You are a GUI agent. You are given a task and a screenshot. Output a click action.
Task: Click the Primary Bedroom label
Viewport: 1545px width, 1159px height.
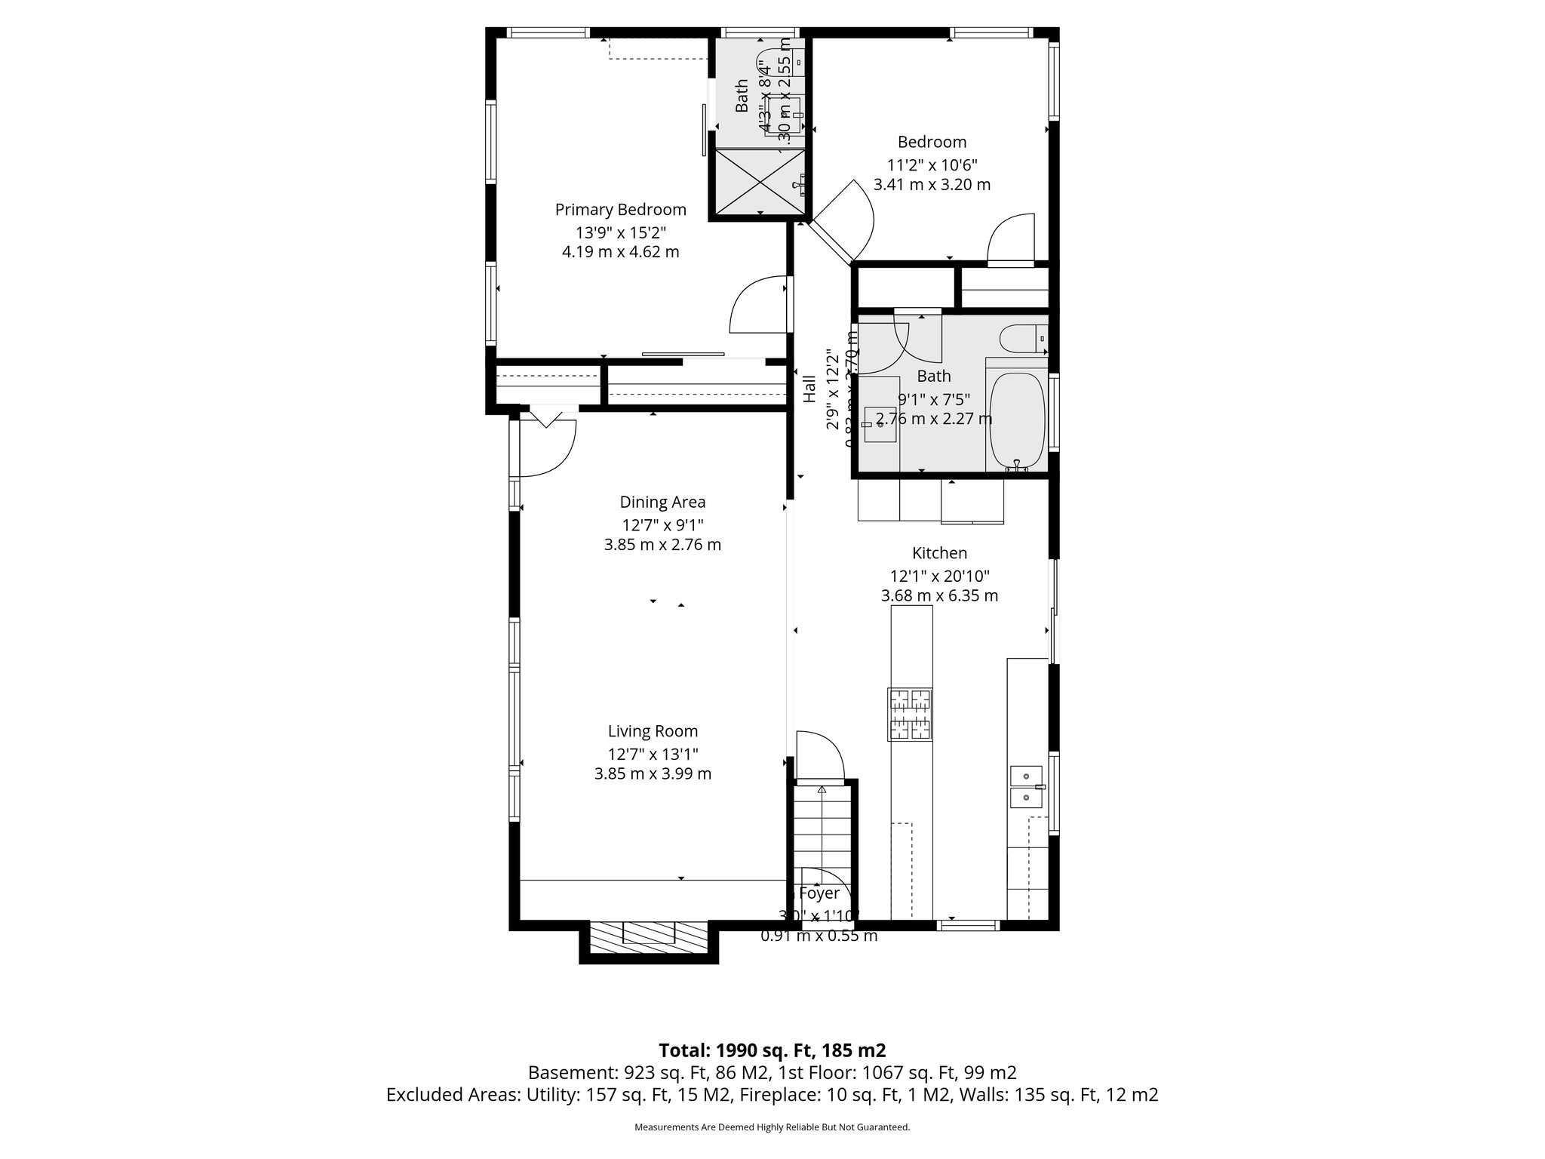coord(620,210)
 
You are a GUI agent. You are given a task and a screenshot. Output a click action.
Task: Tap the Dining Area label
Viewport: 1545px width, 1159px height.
coord(662,503)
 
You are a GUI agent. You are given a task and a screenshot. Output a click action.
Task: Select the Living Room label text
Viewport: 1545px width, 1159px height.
coord(653,731)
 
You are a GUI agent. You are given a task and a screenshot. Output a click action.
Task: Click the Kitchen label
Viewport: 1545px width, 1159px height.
coord(939,553)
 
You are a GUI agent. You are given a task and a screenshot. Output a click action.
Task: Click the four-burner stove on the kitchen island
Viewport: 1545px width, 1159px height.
coord(911,714)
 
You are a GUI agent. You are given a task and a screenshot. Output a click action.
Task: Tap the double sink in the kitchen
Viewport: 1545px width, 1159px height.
coord(1027,786)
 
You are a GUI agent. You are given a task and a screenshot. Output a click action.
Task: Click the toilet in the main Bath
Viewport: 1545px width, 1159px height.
coord(1021,340)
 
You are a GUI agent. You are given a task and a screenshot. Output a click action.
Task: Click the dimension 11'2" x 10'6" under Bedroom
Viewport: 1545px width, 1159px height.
coord(932,165)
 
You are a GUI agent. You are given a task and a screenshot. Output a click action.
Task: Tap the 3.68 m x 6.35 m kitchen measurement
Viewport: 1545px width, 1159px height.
coord(939,595)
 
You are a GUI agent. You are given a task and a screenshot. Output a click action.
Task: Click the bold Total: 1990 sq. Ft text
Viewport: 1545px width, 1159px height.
coord(772,1050)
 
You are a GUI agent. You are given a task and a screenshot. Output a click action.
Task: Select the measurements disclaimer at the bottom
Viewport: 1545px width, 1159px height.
coord(772,1127)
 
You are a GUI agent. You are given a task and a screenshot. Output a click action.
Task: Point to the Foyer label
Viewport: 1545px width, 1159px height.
coord(819,894)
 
